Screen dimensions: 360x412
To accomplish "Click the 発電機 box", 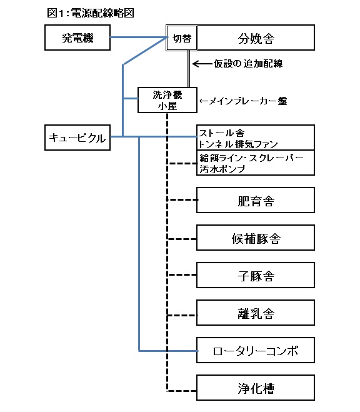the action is click(x=77, y=38).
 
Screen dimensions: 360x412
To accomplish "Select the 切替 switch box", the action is click(x=182, y=38).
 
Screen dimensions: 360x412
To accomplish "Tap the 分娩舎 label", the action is click(x=256, y=38).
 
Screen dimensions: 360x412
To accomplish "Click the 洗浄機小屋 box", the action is click(x=167, y=100).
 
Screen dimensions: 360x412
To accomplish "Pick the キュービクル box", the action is click(x=77, y=138).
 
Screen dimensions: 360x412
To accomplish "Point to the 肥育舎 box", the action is click(x=256, y=200).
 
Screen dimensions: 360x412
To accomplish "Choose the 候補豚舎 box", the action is click(x=256, y=238).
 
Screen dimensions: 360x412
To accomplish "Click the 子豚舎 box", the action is click(x=256, y=275).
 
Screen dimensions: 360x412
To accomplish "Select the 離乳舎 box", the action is click(x=256, y=313).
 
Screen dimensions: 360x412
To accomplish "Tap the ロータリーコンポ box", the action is click(x=256, y=350).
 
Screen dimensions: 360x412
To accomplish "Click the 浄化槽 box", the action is click(x=256, y=388).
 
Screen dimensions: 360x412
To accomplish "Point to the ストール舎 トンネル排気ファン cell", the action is click(x=256, y=138).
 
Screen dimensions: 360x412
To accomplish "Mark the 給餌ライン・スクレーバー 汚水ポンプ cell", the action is click(x=256, y=163).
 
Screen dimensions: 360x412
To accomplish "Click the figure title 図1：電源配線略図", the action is click(x=91, y=13).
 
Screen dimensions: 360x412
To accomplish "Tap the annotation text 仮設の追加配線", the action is click(x=248, y=64).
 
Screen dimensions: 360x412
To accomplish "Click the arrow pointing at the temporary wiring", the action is click(x=202, y=64).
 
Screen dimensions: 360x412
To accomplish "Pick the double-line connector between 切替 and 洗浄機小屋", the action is click(x=189, y=69).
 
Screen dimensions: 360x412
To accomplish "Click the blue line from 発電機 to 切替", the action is click(x=139, y=38).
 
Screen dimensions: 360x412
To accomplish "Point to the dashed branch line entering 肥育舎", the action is click(x=182, y=199).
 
